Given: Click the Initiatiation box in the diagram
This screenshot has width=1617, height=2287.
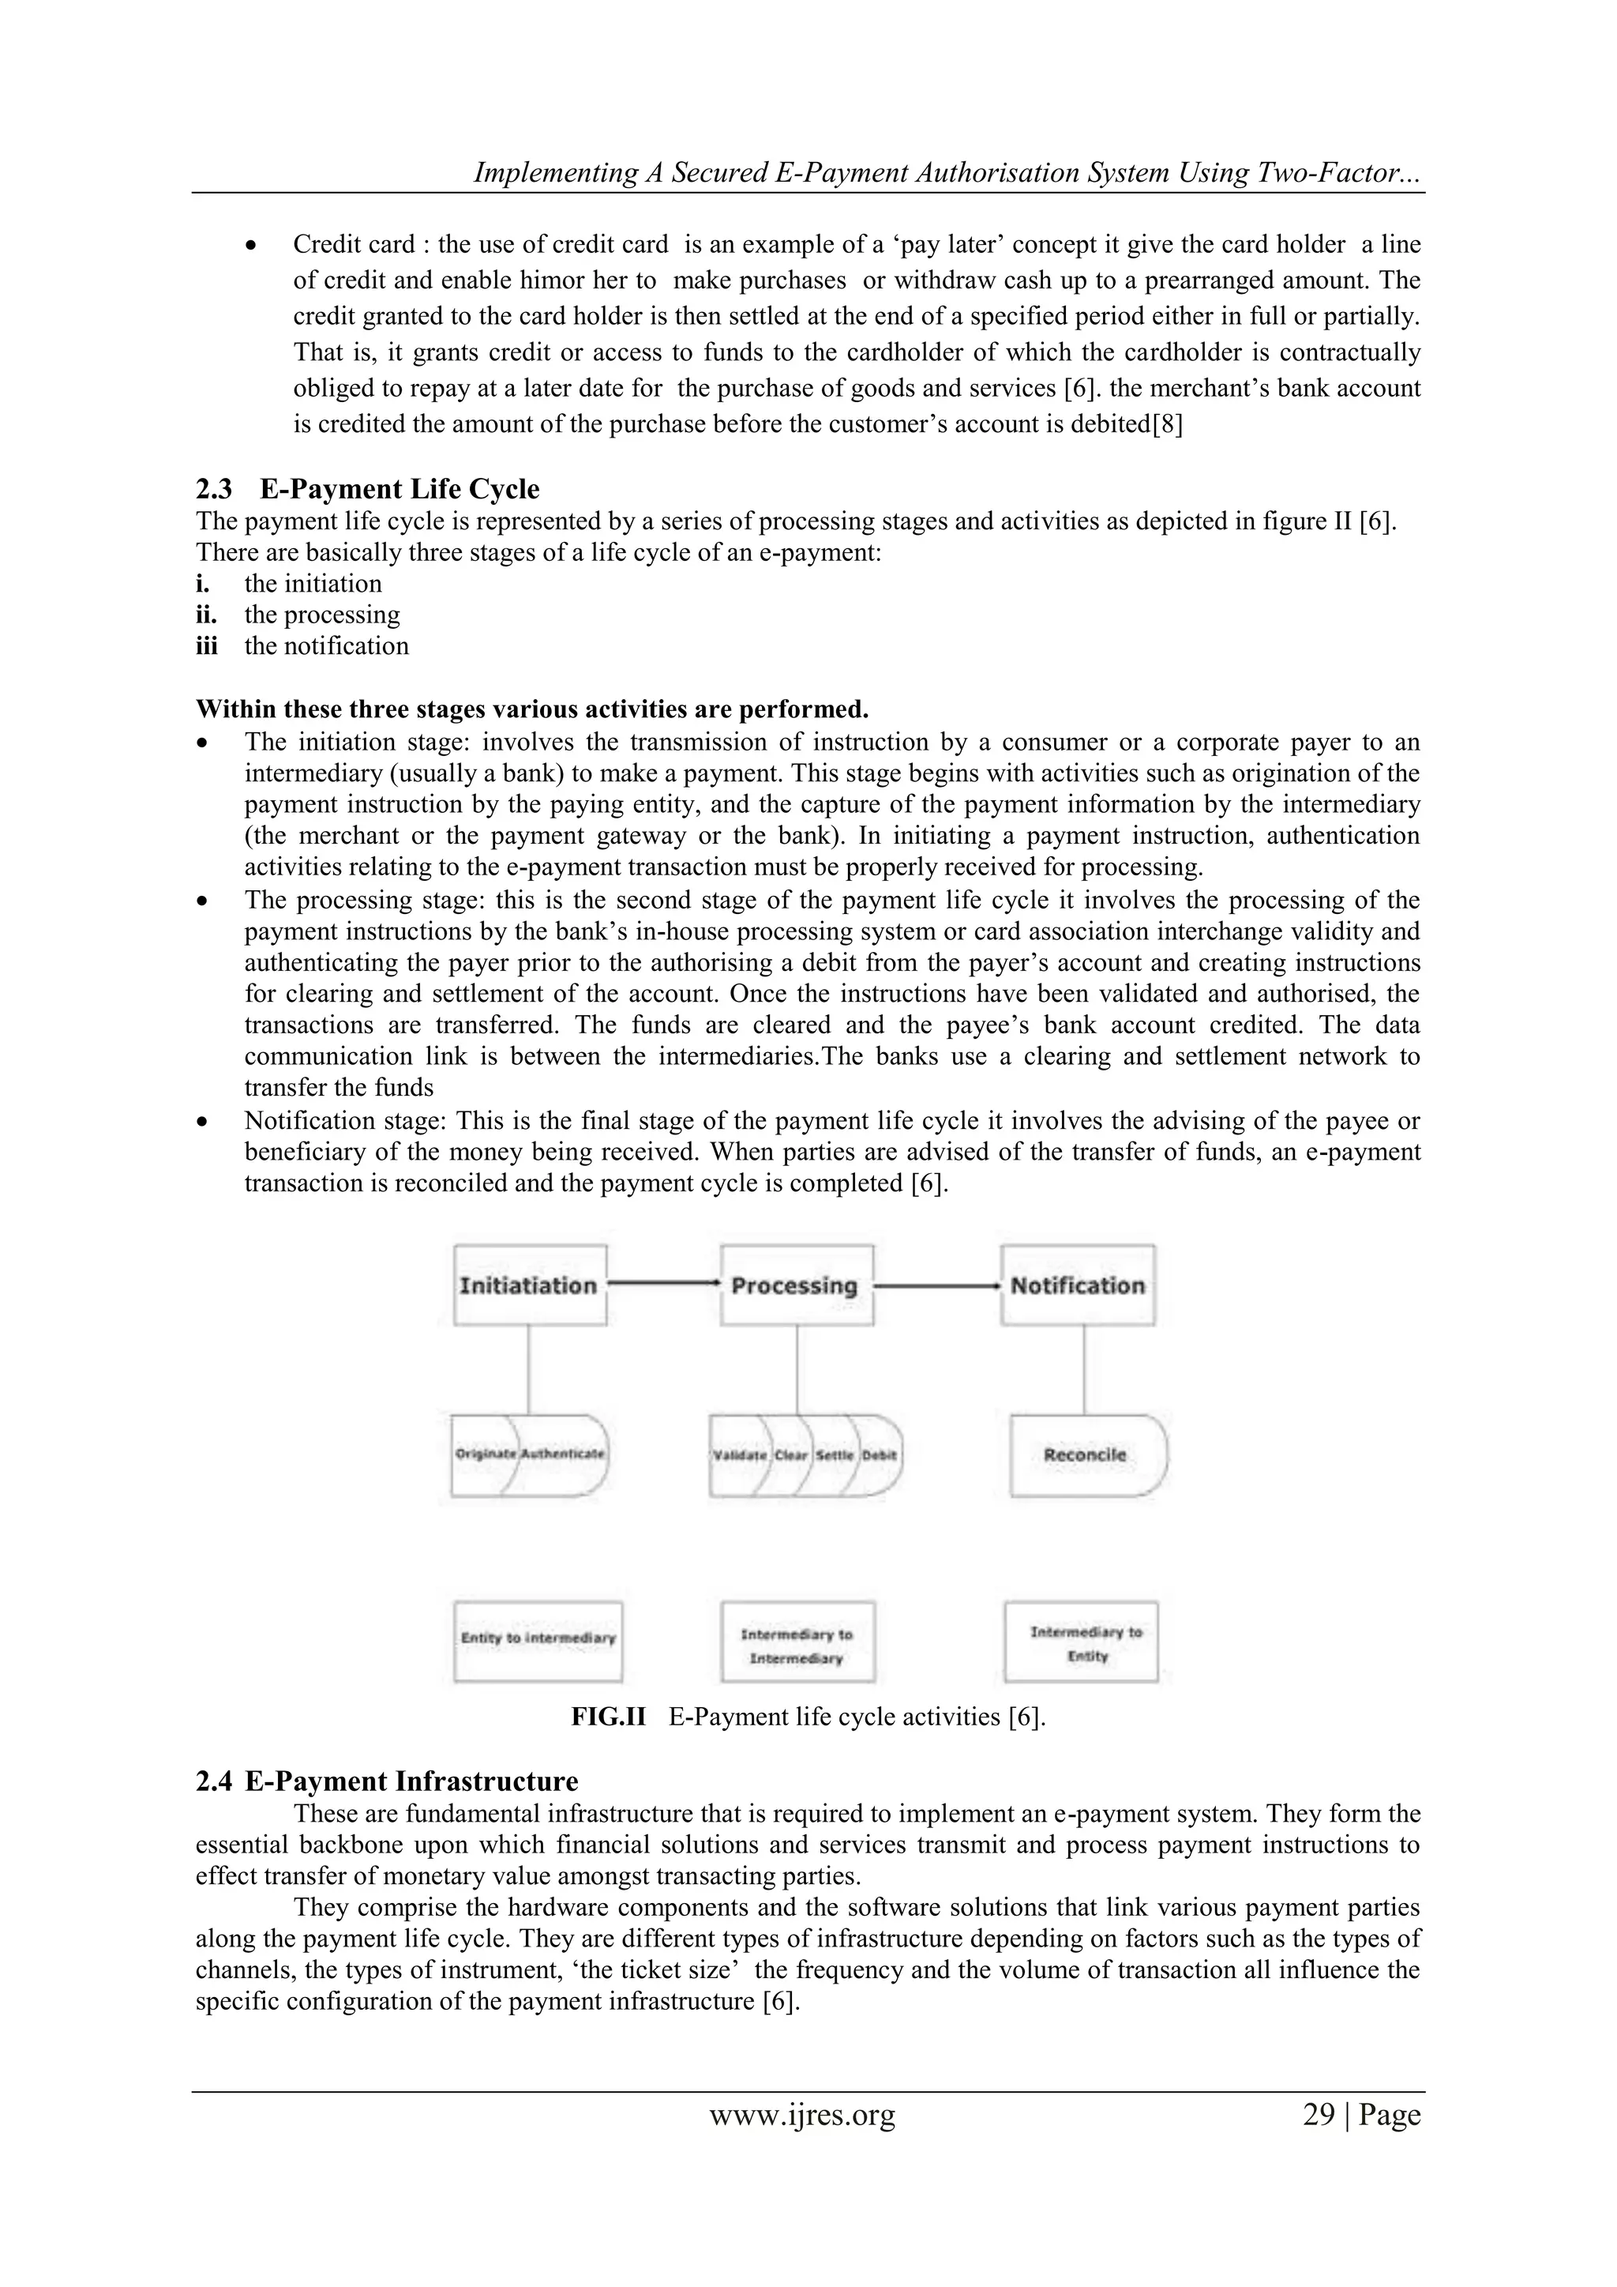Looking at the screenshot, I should [x=529, y=1285].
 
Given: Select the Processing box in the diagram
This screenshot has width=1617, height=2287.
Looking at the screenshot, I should [x=796, y=1285].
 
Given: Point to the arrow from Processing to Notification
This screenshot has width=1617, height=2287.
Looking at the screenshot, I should [x=936, y=1285].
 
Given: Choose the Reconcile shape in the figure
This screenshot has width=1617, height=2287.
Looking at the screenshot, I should [x=1086, y=1455].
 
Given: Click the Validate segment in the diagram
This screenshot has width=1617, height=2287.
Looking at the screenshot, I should [x=739, y=1455].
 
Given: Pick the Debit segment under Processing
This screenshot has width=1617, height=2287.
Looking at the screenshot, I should [x=880, y=1455].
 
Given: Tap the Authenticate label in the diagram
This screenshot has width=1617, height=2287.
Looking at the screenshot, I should [x=563, y=1454].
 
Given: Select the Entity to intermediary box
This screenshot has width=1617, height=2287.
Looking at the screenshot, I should [x=538, y=1638].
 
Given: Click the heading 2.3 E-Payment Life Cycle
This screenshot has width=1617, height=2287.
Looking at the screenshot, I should [x=369, y=489].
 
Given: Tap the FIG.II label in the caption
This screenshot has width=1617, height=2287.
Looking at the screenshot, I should [x=609, y=1717].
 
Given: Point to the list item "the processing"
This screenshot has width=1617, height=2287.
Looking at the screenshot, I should [x=321, y=615].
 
